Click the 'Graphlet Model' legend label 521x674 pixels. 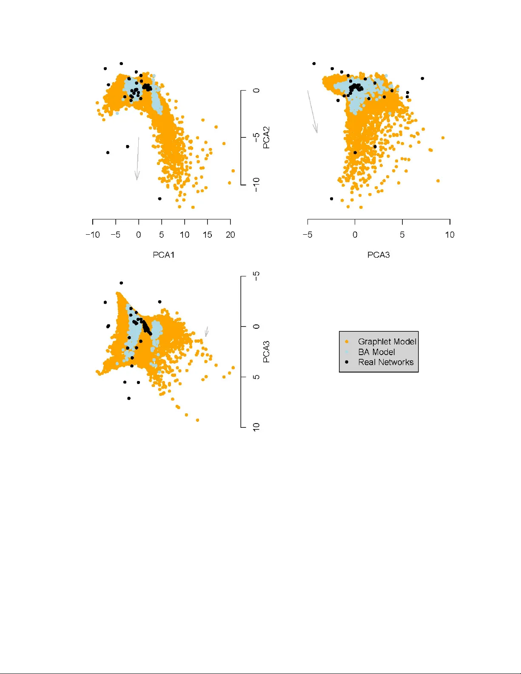387,341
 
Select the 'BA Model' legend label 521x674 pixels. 376,352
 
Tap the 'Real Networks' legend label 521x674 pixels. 385,362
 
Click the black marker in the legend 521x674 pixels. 347,362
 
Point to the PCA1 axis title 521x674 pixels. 163,255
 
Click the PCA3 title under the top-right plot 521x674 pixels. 378,255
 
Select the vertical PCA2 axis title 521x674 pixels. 266,137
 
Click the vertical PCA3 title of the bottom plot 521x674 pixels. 266,351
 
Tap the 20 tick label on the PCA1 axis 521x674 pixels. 230,235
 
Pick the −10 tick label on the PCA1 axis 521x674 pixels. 92,235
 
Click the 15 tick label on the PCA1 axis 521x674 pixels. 207,235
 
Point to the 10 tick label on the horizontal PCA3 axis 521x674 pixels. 450,235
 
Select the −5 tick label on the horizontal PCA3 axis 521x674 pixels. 307,235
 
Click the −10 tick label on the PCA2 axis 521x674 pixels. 256,185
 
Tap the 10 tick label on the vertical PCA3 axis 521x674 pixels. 256,427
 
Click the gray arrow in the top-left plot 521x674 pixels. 137,159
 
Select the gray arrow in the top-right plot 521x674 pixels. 313,111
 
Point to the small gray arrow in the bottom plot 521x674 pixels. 207,332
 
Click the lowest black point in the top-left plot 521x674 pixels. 159,199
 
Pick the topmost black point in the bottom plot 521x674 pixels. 121,283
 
